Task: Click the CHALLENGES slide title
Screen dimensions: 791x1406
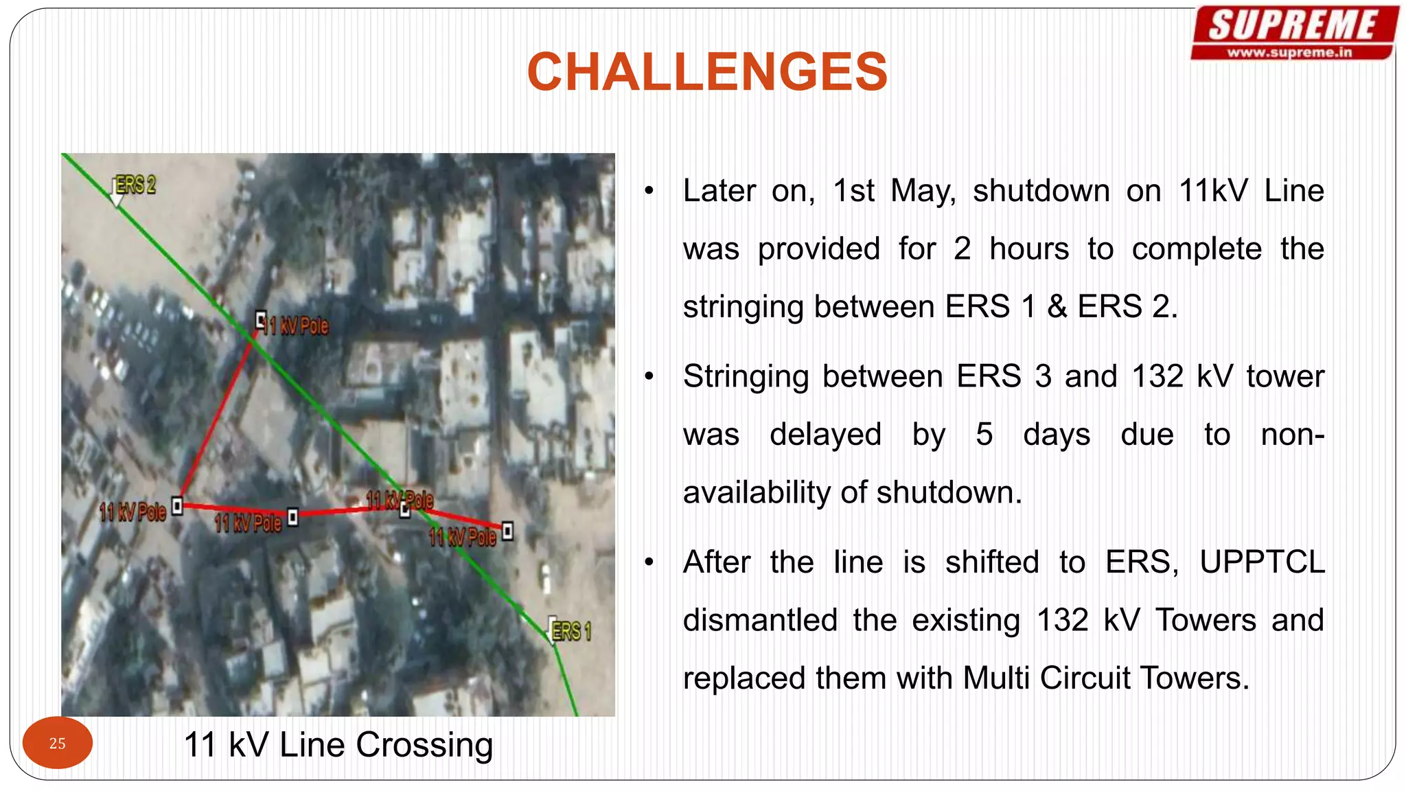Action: [707, 72]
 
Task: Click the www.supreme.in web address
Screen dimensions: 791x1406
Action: [1289, 52]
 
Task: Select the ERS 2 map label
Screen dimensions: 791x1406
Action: [135, 185]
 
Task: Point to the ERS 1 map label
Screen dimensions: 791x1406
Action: [571, 631]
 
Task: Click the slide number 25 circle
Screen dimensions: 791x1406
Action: [58, 743]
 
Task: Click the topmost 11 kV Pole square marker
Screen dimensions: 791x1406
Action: [261, 319]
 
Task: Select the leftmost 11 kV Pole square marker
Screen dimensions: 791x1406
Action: [177, 506]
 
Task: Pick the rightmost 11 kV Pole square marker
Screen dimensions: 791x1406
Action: [507, 531]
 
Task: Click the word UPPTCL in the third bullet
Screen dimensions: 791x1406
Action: [1262, 562]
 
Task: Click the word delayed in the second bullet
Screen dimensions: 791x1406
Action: [825, 435]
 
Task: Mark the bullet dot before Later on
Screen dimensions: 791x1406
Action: [649, 191]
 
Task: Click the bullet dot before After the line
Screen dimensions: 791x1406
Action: [649, 562]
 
